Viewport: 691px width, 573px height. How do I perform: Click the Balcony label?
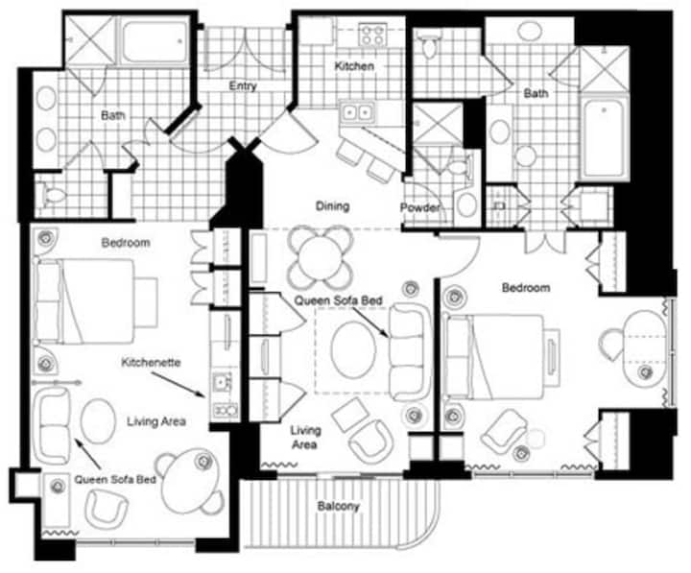[339, 506]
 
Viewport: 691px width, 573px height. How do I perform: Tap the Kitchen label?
[354, 66]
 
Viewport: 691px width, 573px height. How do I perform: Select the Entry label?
[243, 85]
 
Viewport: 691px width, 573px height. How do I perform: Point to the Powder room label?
[420, 207]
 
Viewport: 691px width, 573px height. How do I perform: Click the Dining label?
[333, 205]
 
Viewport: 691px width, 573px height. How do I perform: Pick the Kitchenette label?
[152, 362]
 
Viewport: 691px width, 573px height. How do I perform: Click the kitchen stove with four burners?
[372, 35]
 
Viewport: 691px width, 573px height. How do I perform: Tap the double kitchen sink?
[358, 113]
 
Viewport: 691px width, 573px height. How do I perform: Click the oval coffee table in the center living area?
[354, 349]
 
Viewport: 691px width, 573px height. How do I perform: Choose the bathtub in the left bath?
[154, 41]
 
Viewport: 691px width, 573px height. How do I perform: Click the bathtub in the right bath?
[604, 138]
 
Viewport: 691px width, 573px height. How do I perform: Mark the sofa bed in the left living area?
[53, 426]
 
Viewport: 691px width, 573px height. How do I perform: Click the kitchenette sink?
[221, 382]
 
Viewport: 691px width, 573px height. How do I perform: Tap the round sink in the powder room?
[467, 204]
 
